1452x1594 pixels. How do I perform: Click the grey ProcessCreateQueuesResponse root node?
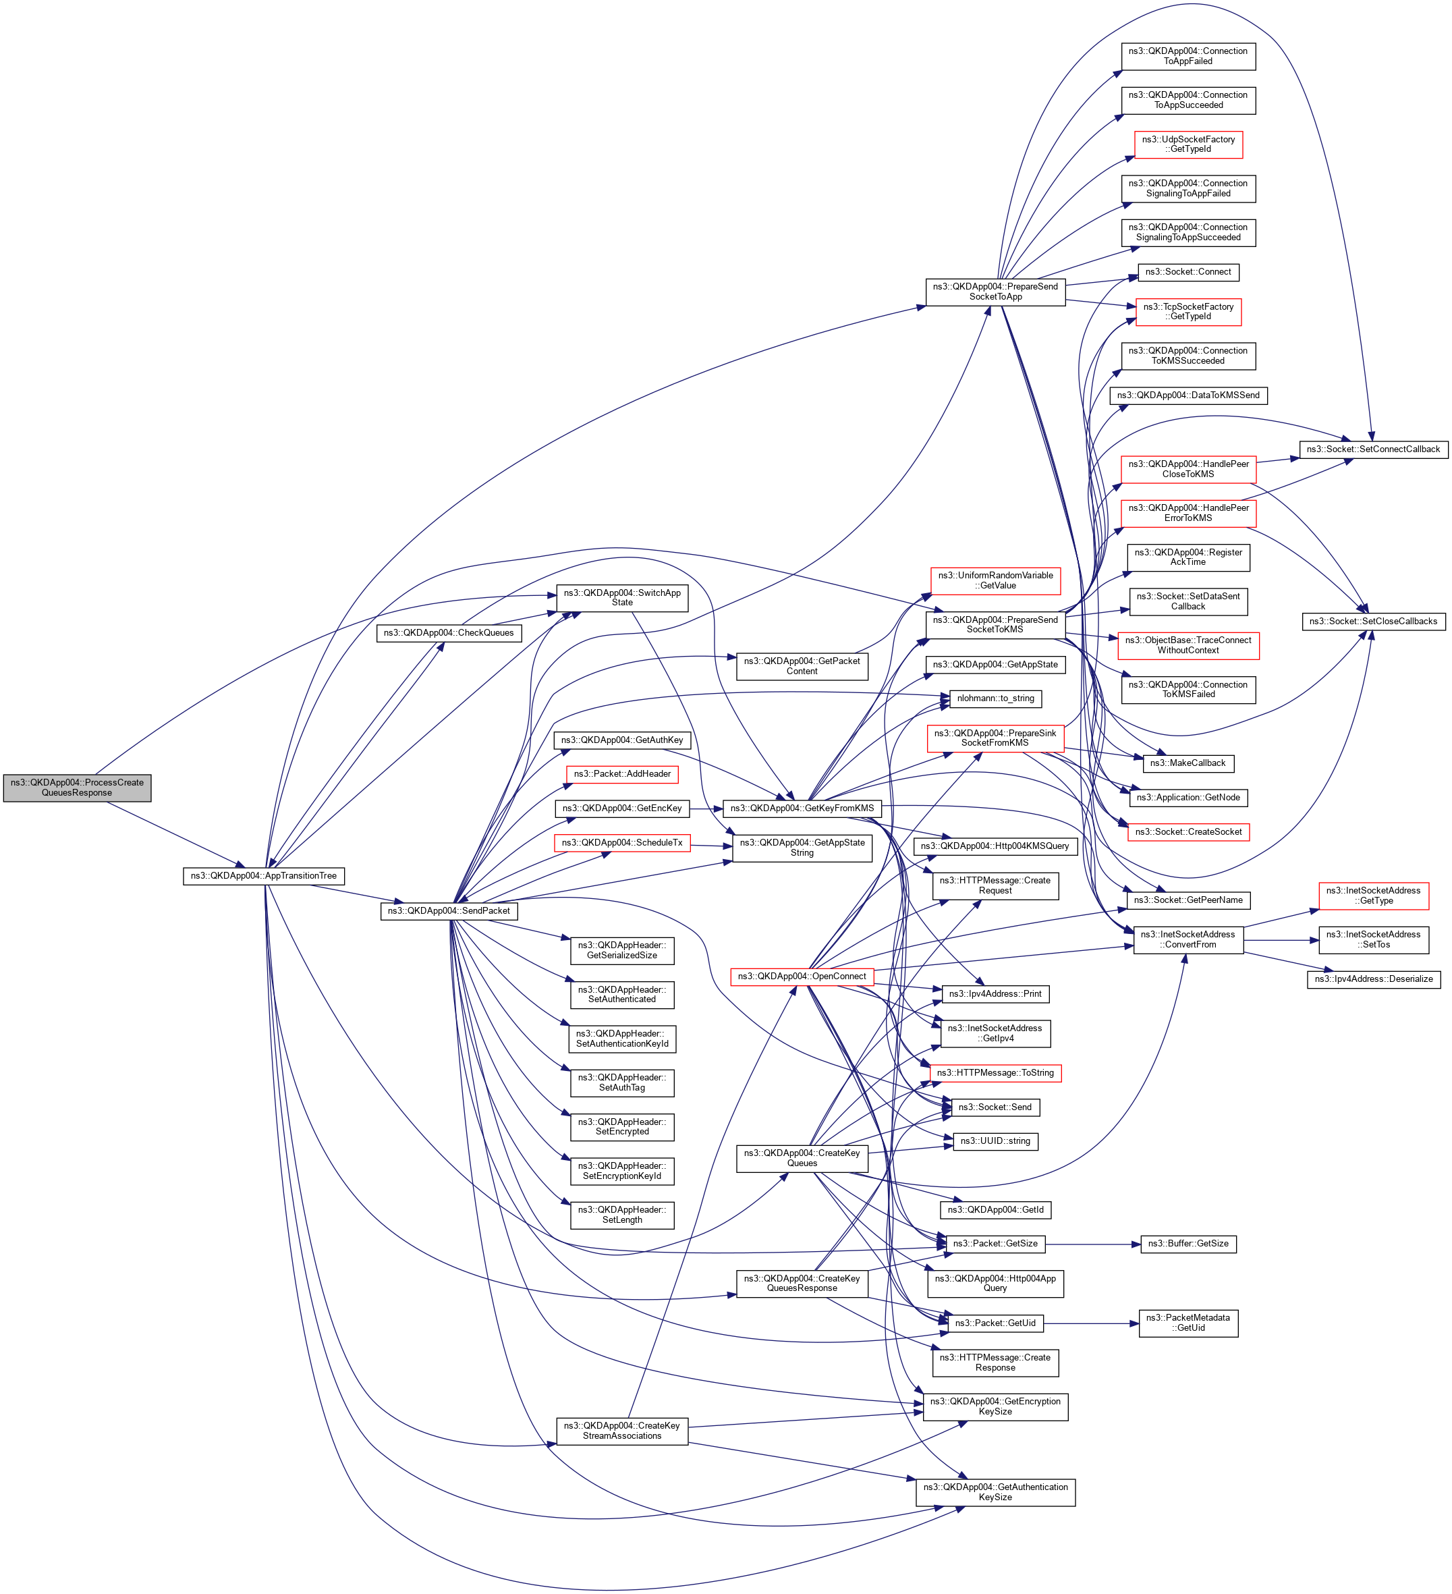[x=77, y=788]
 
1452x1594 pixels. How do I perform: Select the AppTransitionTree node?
[x=263, y=876]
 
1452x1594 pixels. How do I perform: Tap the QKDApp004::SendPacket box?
[x=448, y=911]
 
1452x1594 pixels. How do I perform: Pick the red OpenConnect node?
[x=802, y=977]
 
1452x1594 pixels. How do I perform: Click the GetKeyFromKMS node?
[x=802, y=808]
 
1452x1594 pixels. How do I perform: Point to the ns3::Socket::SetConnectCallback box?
[x=1373, y=449]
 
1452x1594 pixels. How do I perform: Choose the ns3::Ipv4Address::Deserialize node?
[x=1373, y=979]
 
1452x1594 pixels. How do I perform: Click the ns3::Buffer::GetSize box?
[x=1188, y=1244]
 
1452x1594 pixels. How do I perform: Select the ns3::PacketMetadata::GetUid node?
[x=1188, y=1323]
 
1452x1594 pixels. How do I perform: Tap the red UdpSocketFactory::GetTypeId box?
[x=1188, y=144]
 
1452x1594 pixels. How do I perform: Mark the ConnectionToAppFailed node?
[x=1188, y=56]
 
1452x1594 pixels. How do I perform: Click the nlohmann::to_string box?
[x=995, y=698]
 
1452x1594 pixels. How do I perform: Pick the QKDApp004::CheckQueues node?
[x=448, y=632]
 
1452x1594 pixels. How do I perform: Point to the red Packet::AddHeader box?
[x=622, y=774]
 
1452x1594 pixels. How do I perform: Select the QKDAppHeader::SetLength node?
[x=622, y=1215]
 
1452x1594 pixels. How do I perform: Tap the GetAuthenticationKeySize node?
[x=995, y=1492]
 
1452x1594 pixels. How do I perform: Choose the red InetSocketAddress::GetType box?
[x=1373, y=896]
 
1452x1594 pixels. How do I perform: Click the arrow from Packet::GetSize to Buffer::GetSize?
[x=1092, y=1244]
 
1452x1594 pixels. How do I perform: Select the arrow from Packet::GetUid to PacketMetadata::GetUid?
[x=1091, y=1323]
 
